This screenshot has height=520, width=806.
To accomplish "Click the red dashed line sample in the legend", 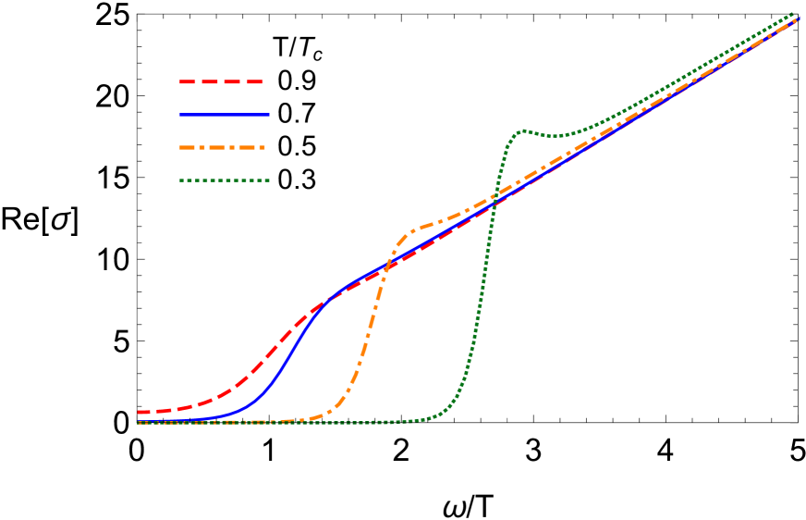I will tap(222, 82).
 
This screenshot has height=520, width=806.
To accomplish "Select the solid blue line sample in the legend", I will tap(224, 115).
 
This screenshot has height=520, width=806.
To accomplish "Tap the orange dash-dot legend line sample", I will tap(222, 147).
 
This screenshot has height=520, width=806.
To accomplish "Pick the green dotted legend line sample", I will tap(224, 180).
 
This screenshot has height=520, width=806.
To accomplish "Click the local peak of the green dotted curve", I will tap(523, 130).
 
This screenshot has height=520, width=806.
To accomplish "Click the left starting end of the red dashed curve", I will tap(140, 412).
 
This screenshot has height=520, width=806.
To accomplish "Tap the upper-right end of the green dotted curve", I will tap(793, 14).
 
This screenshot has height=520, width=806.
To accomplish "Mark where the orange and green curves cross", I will tap(494, 196).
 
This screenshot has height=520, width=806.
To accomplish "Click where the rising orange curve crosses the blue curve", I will tap(386, 268).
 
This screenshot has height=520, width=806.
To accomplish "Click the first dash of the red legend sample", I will tap(188, 82).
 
